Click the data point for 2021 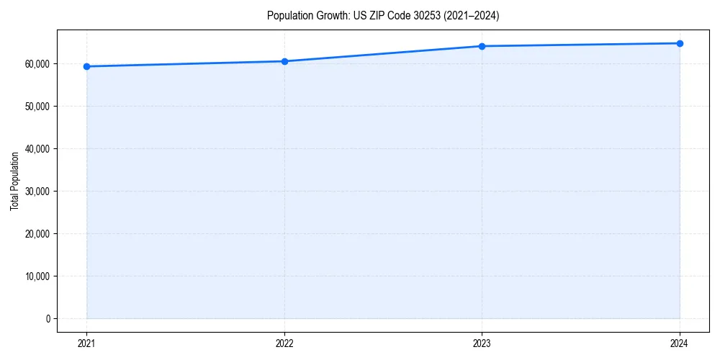[86, 66]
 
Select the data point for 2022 [284, 61]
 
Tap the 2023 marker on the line [482, 46]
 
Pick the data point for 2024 [680, 43]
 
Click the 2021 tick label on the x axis [86, 343]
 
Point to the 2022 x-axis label [284, 343]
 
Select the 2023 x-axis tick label [482, 343]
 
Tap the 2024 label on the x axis [680, 343]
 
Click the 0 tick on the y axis [48, 318]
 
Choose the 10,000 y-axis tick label [37, 276]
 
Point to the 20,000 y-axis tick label [37, 233]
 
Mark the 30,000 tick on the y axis [37, 191]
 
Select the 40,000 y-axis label [37, 148]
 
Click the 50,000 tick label [37, 106]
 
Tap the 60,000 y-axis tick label [37, 63]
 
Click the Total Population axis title [14, 181]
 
